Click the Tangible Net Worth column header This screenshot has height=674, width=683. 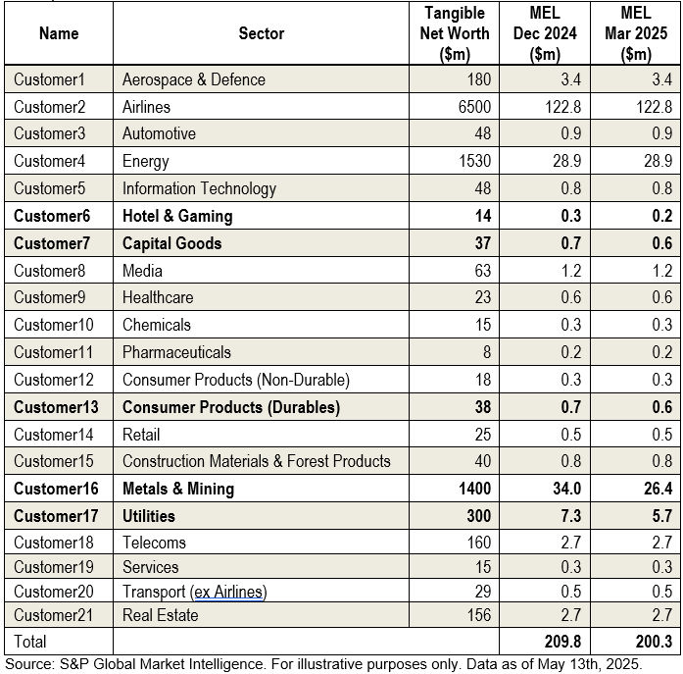tap(454, 33)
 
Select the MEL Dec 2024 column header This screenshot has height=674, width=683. tap(545, 33)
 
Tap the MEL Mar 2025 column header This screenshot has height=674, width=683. tap(635, 33)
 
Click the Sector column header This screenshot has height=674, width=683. tap(261, 33)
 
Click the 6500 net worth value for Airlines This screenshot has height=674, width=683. tap(473, 107)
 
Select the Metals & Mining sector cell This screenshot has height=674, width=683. tap(177, 489)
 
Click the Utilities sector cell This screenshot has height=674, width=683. tap(148, 516)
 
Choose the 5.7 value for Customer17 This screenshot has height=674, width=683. tap(661, 516)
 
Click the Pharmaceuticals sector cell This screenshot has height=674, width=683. tap(176, 352)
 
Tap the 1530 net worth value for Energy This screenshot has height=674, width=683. tap(473, 162)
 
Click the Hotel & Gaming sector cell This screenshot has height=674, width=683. tap(176, 216)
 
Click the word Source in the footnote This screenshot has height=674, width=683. tap(26, 664)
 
